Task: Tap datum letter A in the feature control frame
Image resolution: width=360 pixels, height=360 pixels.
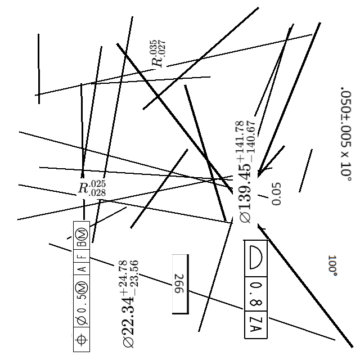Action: (82, 269)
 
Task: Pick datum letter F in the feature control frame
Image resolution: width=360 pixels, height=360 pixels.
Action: (82, 254)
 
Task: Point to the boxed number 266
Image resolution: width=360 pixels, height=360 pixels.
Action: (180, 285)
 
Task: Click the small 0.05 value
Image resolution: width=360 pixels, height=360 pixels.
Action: (276, 193)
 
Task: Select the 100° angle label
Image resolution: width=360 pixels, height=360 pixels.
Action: (332, 265)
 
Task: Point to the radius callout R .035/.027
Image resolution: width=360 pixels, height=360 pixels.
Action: (158, 54)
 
